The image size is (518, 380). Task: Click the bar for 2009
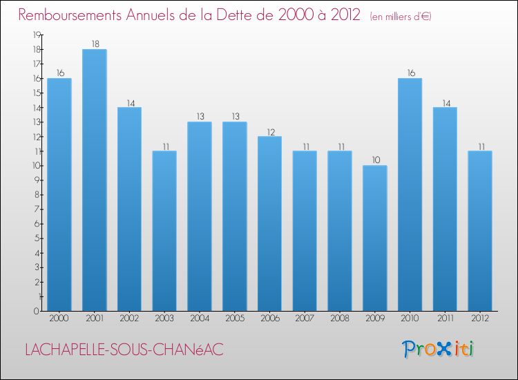pyautogui.click(x=374, y=238)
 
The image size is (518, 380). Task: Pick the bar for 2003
pyautogui.click(x=164, y=231)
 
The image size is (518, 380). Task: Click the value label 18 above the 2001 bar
pyautogui.click(x=94, y=44)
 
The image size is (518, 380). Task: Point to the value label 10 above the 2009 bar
pyautogui.click(x=374, y=160)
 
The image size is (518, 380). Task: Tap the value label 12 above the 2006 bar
pyautogui.click(x=269, y=131)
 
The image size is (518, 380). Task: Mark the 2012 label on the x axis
pyautogui.click(x=480, y=319)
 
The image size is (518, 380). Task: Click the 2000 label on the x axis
pyautogui.click(x=59, y=319)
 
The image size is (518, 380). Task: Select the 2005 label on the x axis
pyautogui.click(x=234, y=319)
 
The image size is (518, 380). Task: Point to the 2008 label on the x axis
pyautogui.click(x=340, y=319)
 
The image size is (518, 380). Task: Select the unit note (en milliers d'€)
pyautogui.click(x=401, y=17)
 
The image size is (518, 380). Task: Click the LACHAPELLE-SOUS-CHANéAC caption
pyautogui.click(x=124, y=350)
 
